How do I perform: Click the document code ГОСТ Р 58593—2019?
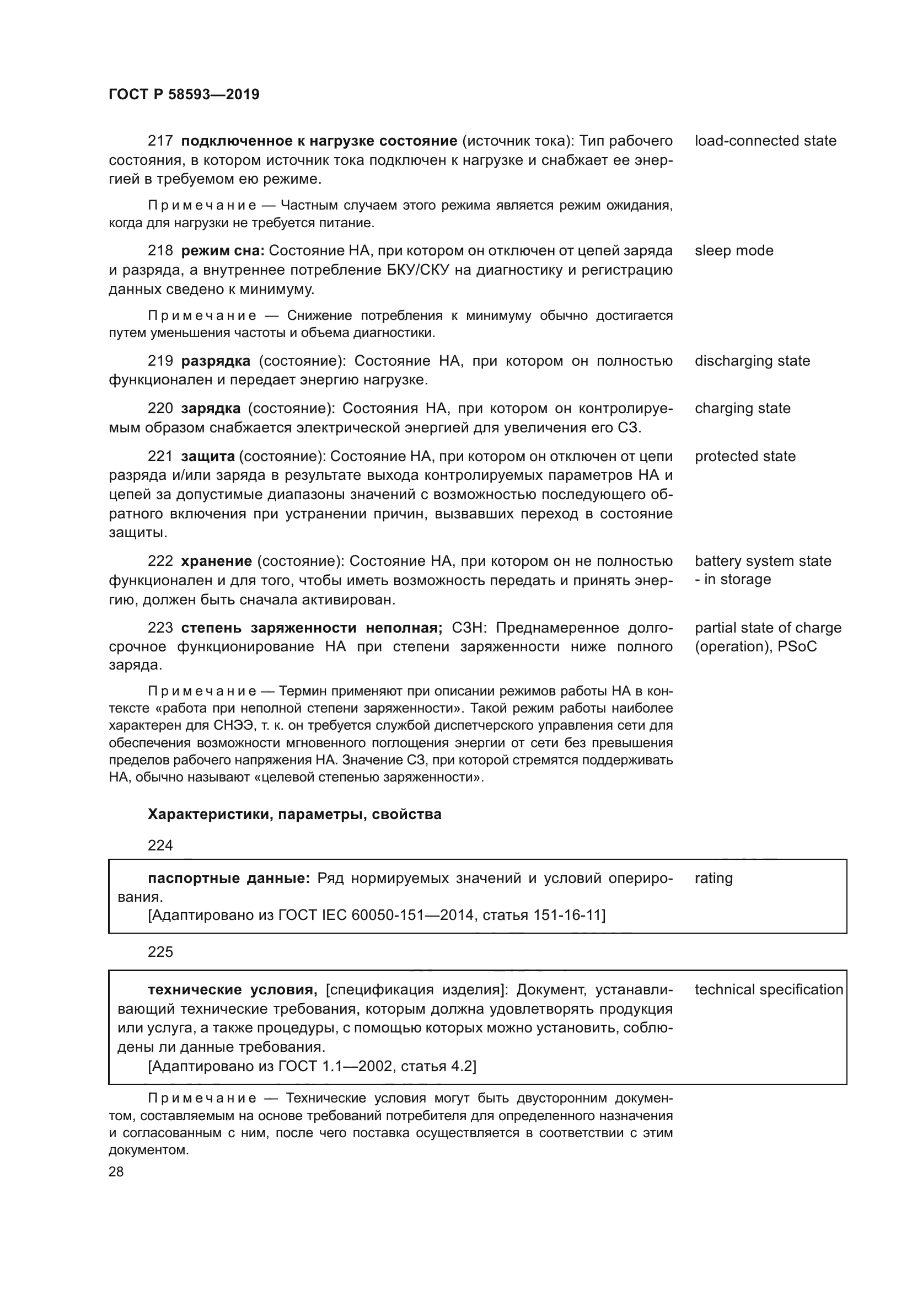coord(184,94)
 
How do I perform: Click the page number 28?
coord(116,1171)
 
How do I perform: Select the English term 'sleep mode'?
coord(733,250)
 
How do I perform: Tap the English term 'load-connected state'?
coord(765,141)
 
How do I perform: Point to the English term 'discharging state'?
coord(752,361)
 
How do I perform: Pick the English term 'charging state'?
coord(742,409)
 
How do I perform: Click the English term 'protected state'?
coord(744,456)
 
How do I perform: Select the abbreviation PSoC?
coord(797,647)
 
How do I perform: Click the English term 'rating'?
coord(713,878)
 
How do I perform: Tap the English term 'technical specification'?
coord(768,989)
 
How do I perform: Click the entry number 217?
coord(160,141)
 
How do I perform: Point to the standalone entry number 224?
coord(160,845)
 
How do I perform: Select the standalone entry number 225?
coord(160,952)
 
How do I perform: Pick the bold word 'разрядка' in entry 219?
coord(216,361)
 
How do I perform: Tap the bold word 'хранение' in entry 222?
coord(216,561)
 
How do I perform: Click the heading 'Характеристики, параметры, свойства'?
coord(294,814)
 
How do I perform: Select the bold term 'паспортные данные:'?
coord(229,878)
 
